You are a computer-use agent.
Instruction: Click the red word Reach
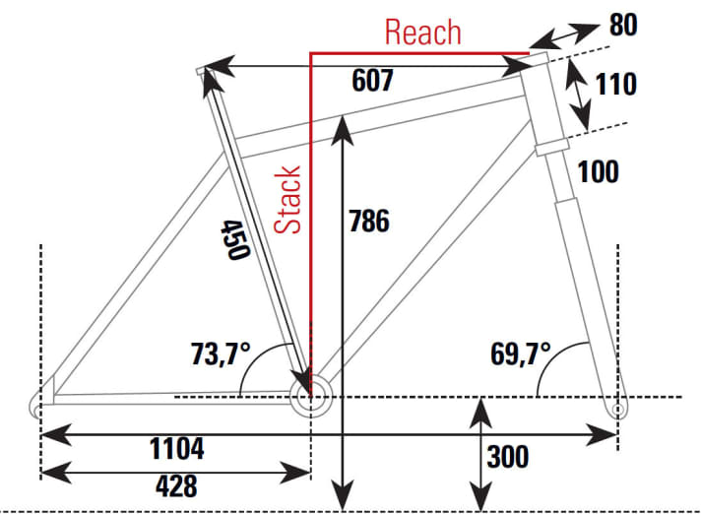click(422, 32)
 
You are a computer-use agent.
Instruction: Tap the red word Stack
click(287, 200)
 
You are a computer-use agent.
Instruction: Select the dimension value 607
click(373, 82)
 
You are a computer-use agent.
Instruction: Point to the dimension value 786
click(369, 221)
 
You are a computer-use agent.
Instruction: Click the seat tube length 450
click(232, 239)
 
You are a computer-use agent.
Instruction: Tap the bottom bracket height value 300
click(507, 457)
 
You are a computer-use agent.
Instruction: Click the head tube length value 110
click(616, 84)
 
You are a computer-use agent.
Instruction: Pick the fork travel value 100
click(599, 170)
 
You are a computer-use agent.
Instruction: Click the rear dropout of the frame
click(40, 406)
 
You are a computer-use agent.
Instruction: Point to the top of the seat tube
click(205, 70)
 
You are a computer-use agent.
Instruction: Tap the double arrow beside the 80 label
click(566, 38)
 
